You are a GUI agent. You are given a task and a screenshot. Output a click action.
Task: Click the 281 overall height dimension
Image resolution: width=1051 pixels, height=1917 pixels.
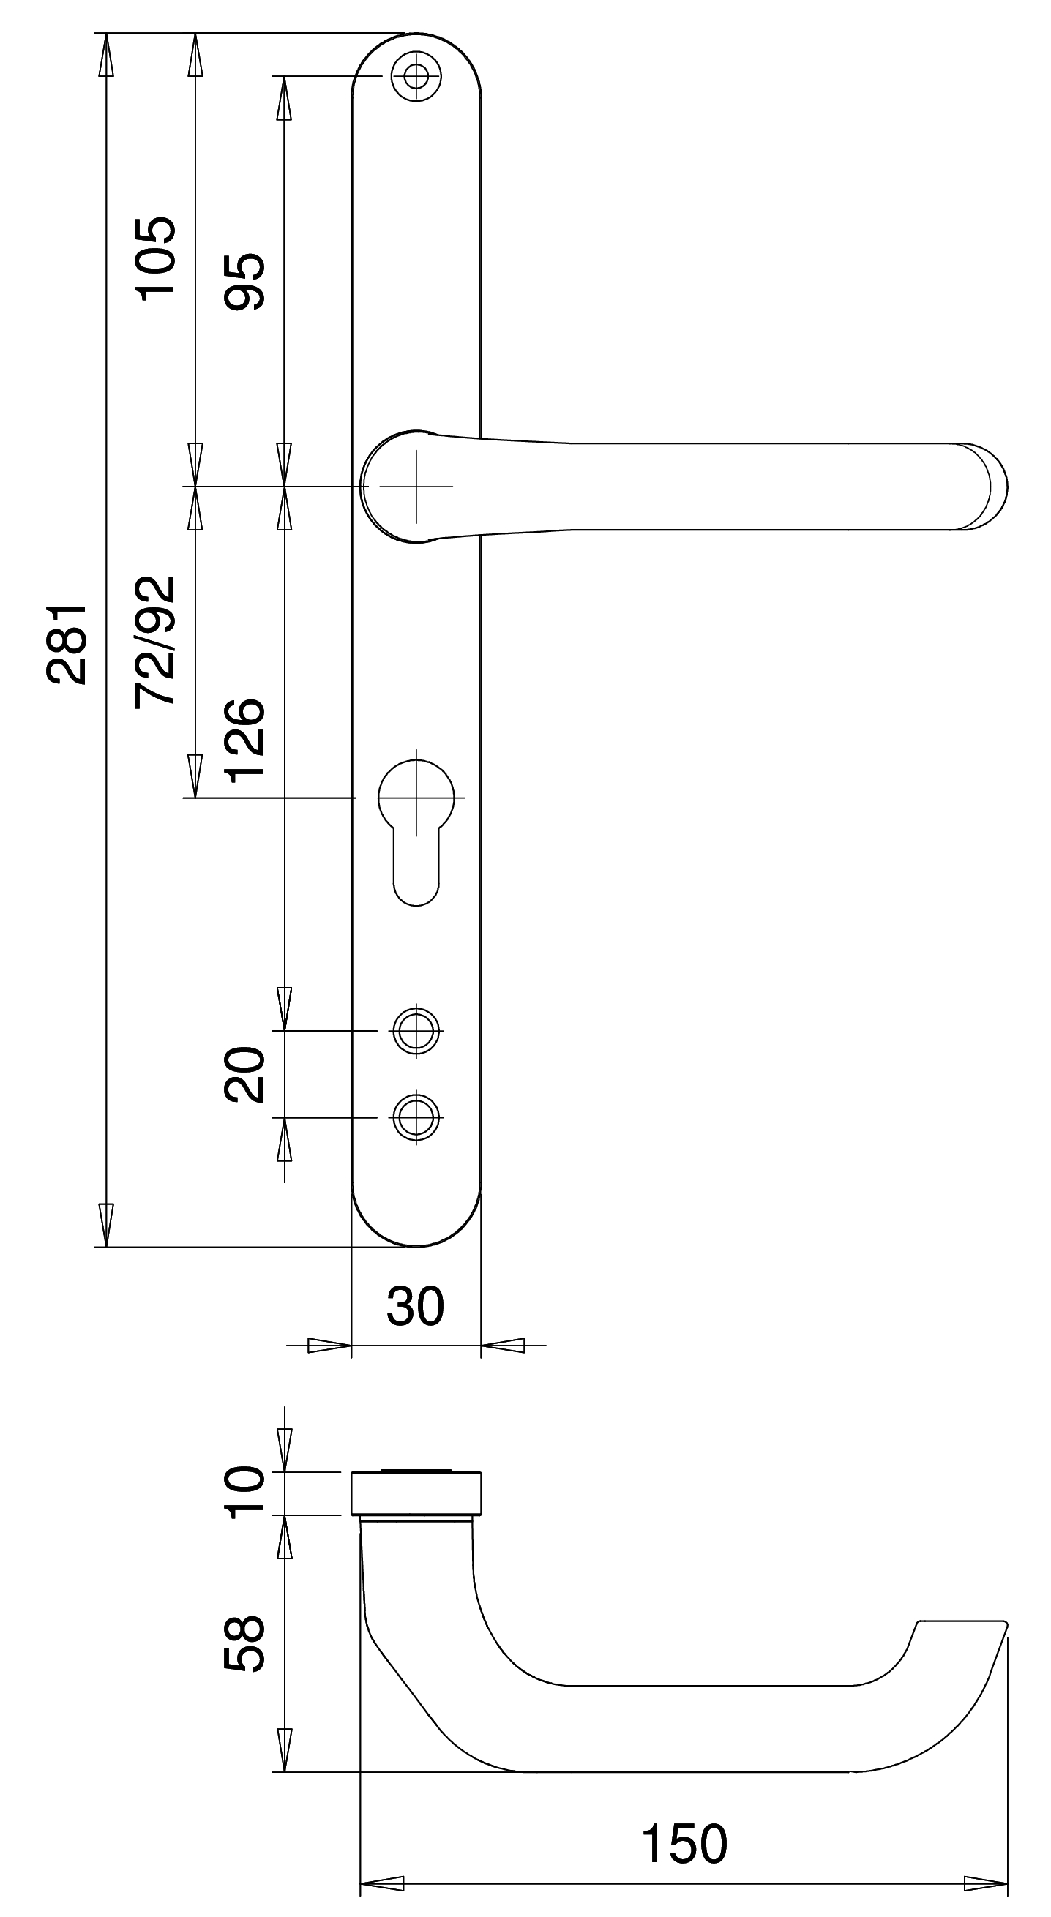(x=67, y=643)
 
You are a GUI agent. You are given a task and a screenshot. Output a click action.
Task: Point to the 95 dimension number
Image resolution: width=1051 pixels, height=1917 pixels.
(x=244, y=281)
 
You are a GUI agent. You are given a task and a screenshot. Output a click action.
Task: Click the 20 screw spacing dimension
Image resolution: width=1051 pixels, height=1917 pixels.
(x=244, y=1074)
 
